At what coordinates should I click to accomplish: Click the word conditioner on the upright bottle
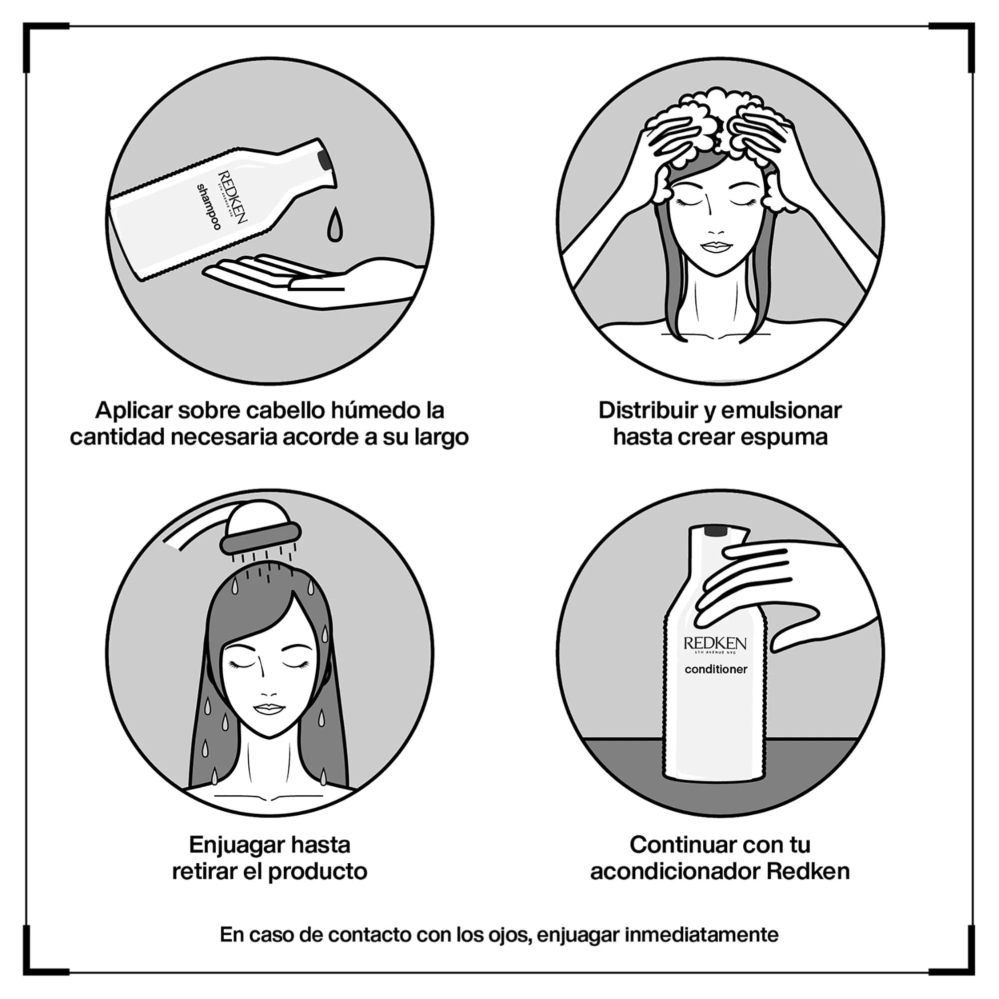pos(716,670)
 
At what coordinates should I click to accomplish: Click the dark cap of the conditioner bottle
pos(716,530)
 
